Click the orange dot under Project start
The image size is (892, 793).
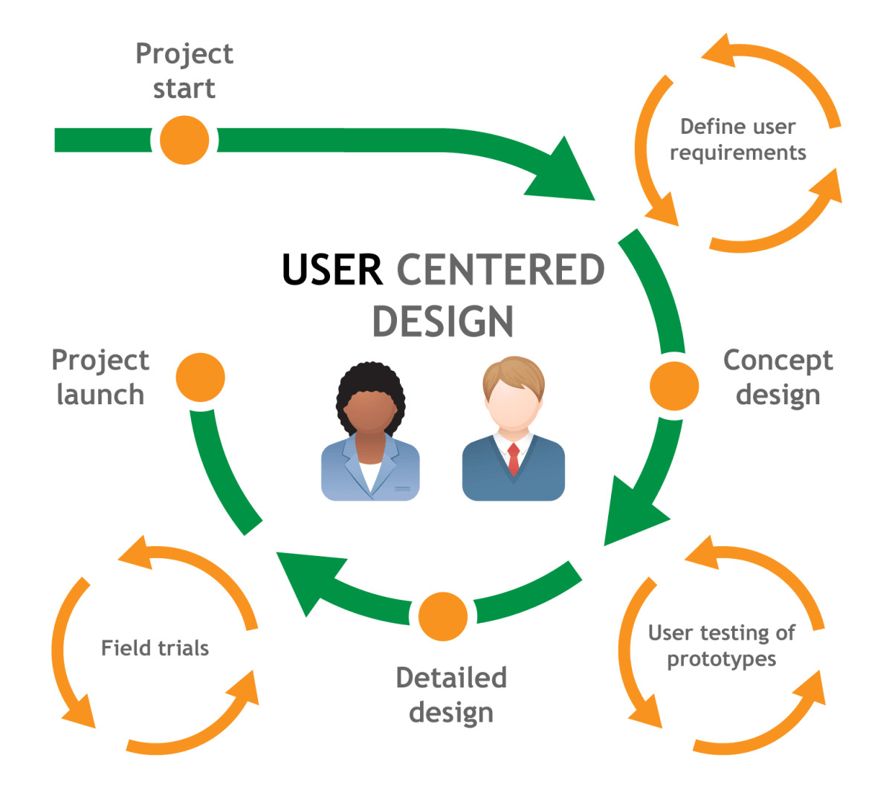point(184,140)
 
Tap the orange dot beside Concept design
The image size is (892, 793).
point(673,386)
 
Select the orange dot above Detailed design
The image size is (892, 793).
point(443,616)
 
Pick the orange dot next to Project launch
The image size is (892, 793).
point(200,377)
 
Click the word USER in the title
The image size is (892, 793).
point(332,270)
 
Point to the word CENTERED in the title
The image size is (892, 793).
point(500,270)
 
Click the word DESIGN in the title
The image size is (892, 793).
point(443,322)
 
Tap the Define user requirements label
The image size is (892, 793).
point(737,140)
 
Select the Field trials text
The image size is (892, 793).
point(155,648)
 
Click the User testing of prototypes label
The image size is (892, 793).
point(721,646)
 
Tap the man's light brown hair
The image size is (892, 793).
point(513,373)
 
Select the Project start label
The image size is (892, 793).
point(184,71)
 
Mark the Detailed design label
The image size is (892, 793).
point(451,695)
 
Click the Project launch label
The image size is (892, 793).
point(100,377)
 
